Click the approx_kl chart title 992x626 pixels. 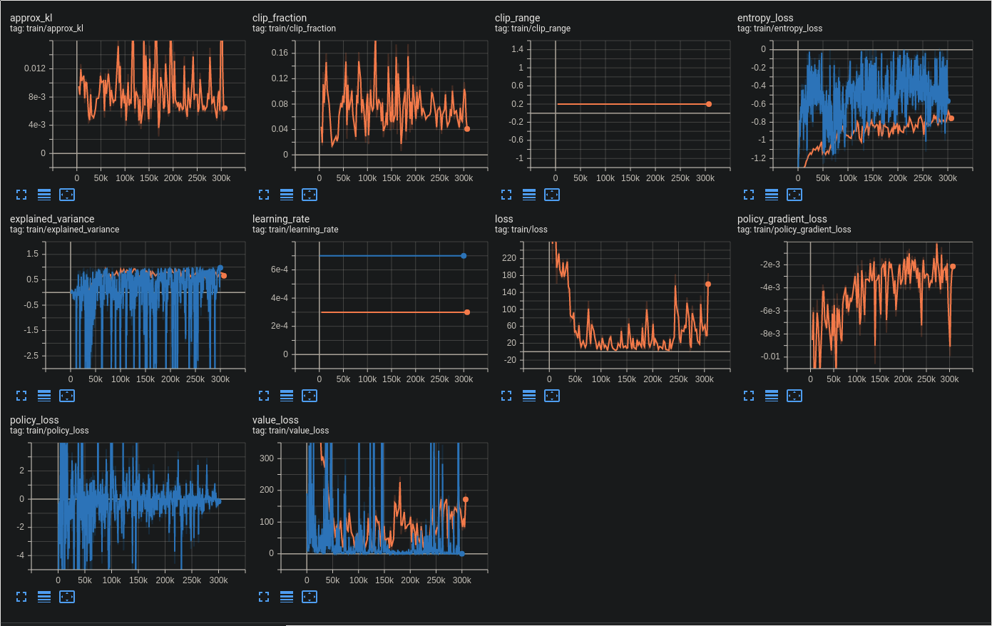(31, 18)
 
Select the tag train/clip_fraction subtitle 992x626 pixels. (294, 29)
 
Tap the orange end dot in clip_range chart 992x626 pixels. (709, 104)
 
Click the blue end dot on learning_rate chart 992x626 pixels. (464, 256)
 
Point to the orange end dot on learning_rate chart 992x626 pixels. (467, 312)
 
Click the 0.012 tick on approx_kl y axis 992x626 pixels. (34, 68)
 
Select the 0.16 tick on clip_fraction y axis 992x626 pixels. (280, 53)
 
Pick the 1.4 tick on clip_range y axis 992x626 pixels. (517, 49)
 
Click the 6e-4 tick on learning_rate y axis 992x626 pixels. (280, 270)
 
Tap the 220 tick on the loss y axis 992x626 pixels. (508, 258)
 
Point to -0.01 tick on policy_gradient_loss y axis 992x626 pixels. (770, 356)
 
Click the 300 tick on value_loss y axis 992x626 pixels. (267, 458)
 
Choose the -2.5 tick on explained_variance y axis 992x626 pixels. (32, 356)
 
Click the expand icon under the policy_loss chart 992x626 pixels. (21, 597)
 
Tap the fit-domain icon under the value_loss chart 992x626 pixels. (310, 597)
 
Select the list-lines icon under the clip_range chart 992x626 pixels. (529, 195)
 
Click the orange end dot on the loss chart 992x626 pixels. (708, 284)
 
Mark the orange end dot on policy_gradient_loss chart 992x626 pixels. (953, 267)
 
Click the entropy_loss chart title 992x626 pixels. (765, 18)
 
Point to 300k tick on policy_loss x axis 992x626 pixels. (218, 580)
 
